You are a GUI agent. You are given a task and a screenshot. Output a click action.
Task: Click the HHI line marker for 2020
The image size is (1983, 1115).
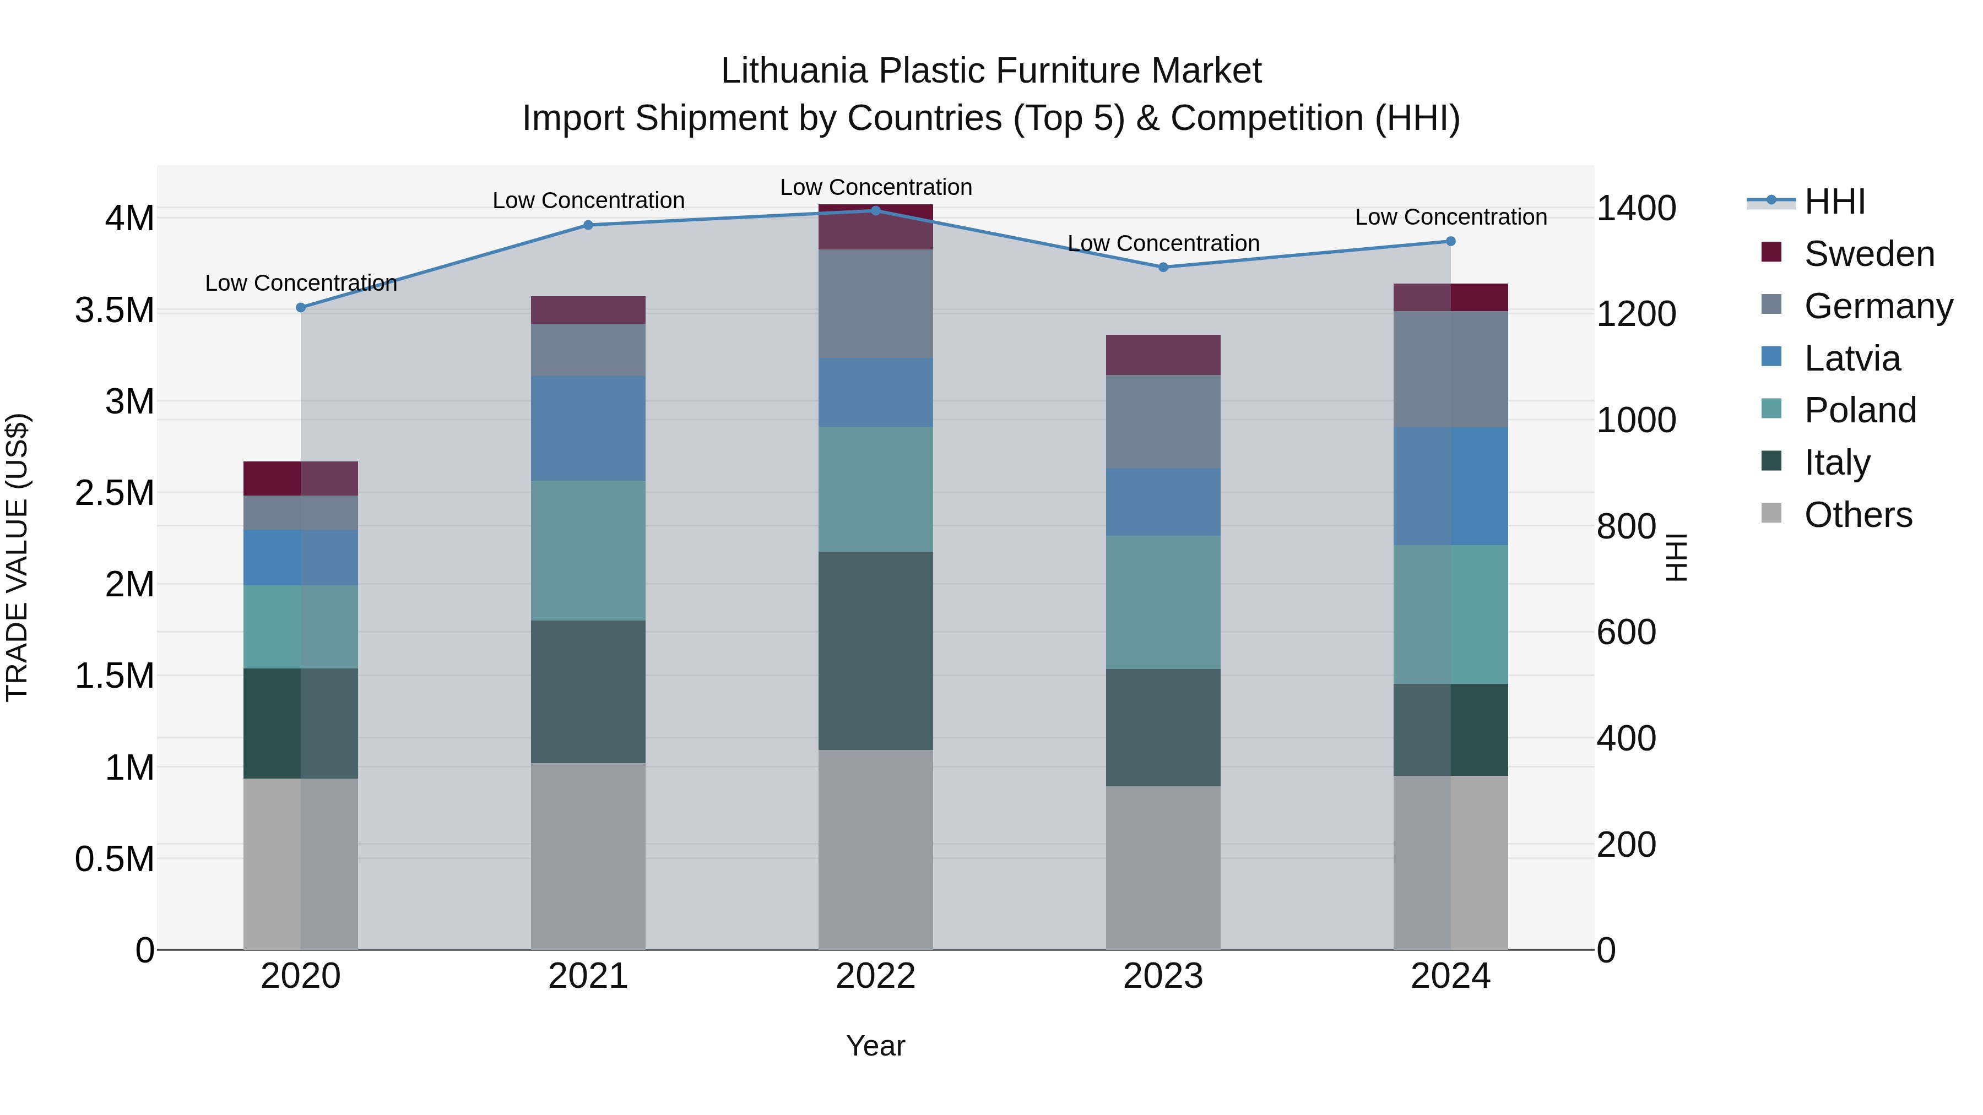[301, 308]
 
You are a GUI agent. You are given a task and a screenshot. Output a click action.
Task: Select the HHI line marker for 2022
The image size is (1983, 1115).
[875, 211]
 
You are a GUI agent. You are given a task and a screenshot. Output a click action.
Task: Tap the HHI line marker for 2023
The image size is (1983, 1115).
[1163, 268]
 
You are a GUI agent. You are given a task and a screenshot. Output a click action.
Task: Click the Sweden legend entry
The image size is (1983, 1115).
[1868, 254]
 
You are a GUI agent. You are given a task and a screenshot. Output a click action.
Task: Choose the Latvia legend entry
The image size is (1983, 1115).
[1851, 358]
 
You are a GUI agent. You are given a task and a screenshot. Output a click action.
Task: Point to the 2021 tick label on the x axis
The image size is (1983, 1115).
[588, 976]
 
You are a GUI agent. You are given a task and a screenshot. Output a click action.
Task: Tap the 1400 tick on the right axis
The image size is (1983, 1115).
[1636, 209]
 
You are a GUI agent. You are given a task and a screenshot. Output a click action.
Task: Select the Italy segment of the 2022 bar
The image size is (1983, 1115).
[875, 651]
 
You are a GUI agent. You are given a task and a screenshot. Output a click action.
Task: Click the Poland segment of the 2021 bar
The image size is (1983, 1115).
[588, 551]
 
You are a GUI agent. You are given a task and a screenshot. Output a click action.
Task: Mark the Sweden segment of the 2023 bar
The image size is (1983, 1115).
[1163, 356]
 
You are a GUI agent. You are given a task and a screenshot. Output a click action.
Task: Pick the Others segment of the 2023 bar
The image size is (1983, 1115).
[1163, 867]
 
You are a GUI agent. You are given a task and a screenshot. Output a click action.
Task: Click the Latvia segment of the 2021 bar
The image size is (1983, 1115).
[588, 428]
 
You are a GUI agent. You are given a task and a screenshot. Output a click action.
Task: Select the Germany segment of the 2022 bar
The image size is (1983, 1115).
[875, 304]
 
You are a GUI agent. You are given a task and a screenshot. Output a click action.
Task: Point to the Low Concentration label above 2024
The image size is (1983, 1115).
[1450, 217]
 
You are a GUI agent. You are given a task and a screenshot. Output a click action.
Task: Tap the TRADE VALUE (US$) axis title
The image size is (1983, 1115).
[17, 557]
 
